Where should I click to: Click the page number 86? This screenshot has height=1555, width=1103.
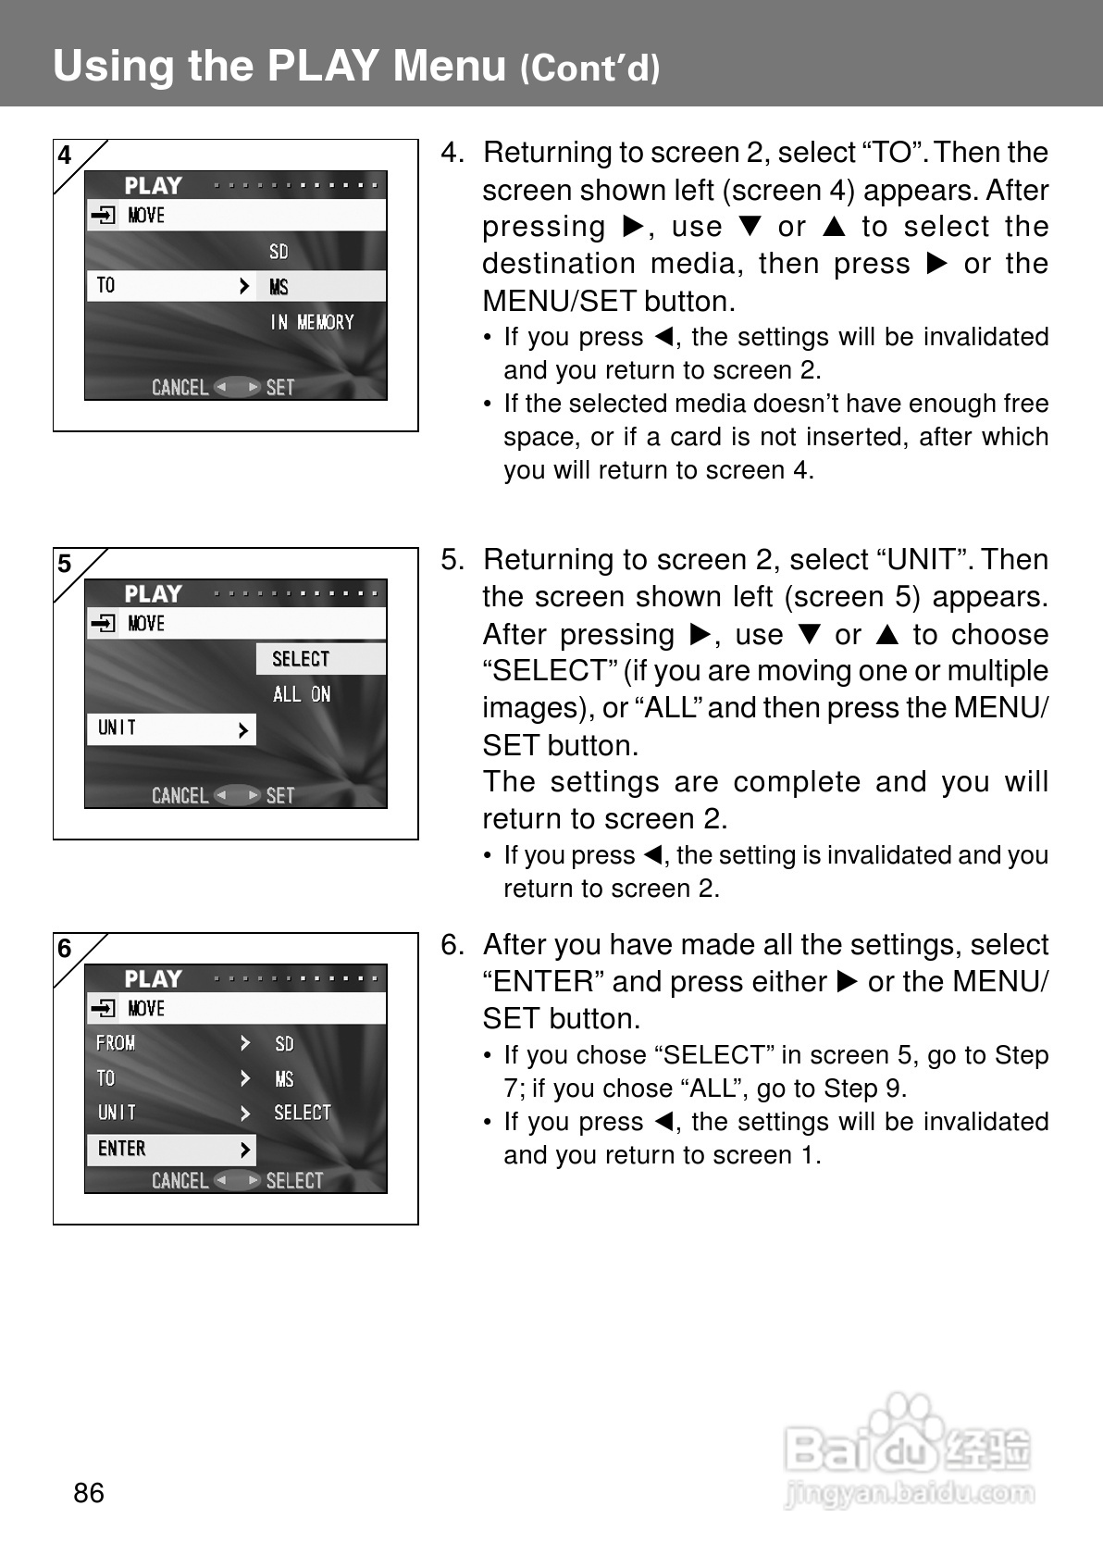click(89, 1492)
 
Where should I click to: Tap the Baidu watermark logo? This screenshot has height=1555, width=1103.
click(908, 1449)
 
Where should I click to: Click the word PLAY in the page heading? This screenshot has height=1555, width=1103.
click(323, 66)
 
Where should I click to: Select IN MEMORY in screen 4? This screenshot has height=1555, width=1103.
click(312, 322)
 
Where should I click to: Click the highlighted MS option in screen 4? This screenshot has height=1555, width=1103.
click(279, 287)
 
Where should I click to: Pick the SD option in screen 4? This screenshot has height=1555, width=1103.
click(279, 252)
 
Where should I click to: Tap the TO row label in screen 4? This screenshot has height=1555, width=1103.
click(106, 286)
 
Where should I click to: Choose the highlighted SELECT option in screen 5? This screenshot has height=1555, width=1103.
click(301, 659)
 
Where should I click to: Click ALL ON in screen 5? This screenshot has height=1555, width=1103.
click(302, 694)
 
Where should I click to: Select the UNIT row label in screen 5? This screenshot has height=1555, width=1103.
click(118, 728)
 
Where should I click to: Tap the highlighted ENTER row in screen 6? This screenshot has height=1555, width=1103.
click(123, 1149)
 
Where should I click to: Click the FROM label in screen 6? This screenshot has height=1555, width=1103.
click(116, 1043)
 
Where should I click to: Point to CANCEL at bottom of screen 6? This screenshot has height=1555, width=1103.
click(180, 1180)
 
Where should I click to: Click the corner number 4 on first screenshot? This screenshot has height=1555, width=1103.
click(65, 155)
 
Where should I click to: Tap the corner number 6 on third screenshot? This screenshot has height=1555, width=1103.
click(65, 949)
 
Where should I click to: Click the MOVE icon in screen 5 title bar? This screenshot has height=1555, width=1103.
click(103, 624)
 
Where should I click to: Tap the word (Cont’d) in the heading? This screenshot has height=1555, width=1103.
click(589, 68)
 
